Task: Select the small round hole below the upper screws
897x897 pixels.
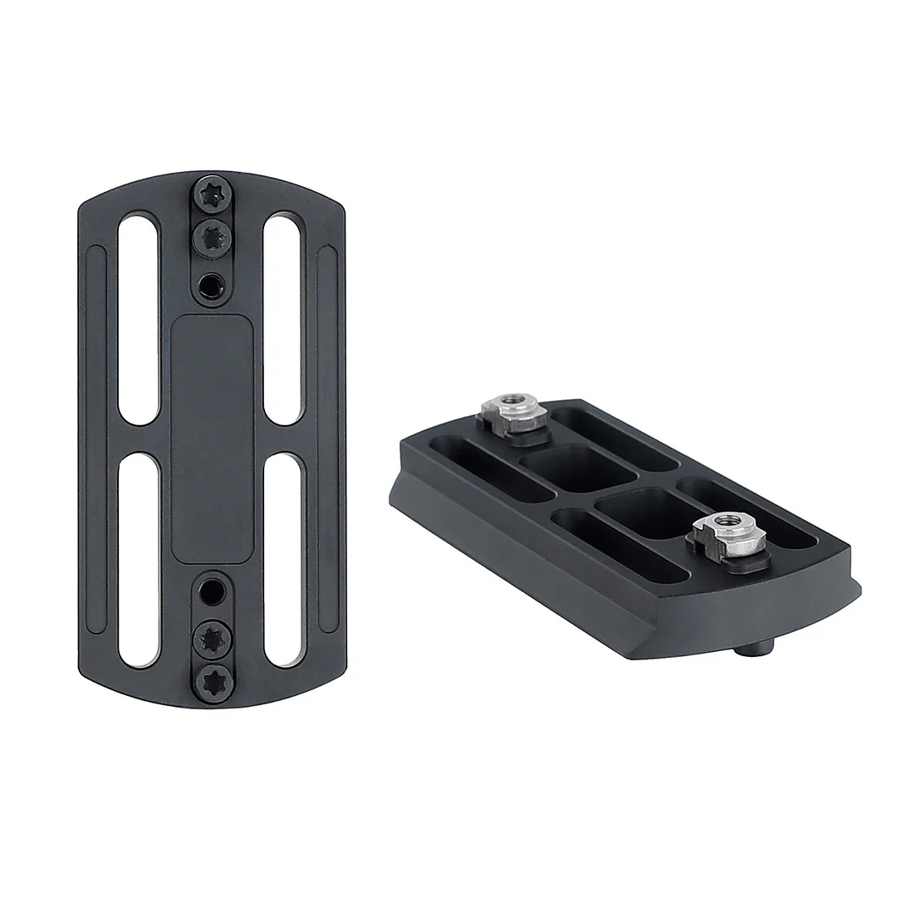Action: (x=212, y=287)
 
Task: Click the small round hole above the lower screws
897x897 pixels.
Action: (x=213, y=591)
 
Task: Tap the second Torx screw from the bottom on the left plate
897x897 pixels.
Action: (x=213, y=638)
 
